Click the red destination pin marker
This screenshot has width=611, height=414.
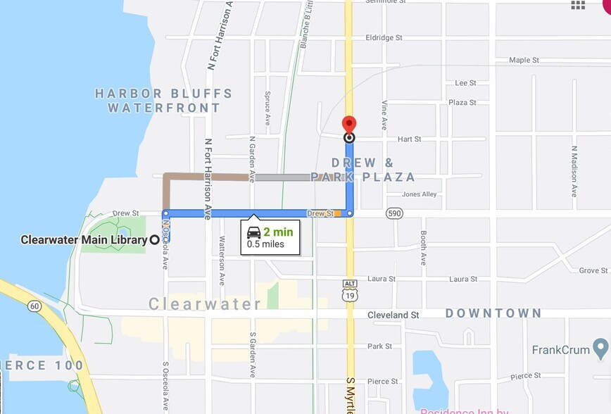(x=349, y=125)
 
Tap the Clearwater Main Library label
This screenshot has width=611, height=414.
(x=84, y=240)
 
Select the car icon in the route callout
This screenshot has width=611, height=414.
(x=254, y=232)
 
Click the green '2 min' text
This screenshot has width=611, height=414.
(x=277, y=232)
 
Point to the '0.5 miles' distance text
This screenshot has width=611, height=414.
(x=265, y=244)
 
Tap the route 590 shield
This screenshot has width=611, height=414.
(x=394, y=213)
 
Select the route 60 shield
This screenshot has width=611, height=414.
(x=34, y=306)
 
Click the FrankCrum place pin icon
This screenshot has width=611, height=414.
(x=600, y=348)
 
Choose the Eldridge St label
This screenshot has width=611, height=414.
(x=384, y=37)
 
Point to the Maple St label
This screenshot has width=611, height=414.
(x=524, y=60)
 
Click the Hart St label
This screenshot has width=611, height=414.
(x=409, y=139)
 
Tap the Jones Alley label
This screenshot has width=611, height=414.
(x=420, y=194)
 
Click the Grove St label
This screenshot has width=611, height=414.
(x=593, y=270)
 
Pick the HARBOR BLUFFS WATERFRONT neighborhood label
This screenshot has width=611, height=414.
(x=163, y=101)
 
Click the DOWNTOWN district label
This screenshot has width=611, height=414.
(x=493, y=313)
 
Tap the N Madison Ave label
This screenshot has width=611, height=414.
(x=574, y=171)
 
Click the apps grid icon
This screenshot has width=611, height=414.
(x=578, y=6)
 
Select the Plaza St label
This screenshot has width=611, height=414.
(x=462, y=103)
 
